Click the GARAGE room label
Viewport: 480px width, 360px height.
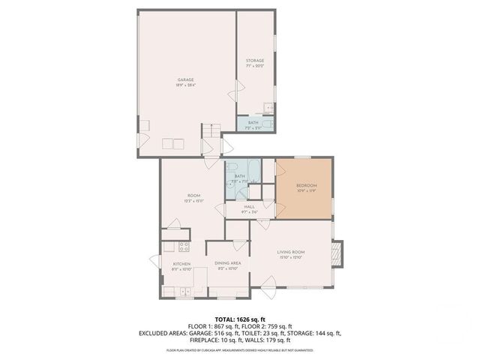point(185,81)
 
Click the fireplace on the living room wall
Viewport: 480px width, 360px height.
point(337,253)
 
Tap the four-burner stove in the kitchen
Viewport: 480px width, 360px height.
point(184,247)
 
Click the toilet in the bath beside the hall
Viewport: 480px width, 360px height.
point(232,167)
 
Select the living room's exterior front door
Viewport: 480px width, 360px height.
point(268,283)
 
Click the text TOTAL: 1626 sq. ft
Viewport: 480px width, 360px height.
point(239,318)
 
